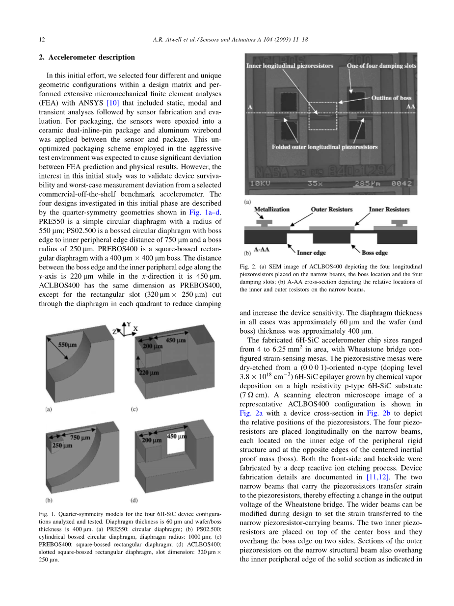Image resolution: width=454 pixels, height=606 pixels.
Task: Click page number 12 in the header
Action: click(41, 39)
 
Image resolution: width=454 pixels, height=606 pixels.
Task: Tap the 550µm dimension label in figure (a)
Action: click(68, 345)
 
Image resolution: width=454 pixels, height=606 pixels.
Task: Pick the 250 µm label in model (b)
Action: click(62, 445)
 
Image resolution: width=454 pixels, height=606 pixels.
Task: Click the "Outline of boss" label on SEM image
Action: click(391, 98)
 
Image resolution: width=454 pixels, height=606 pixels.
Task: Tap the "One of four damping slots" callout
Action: click(381, 66)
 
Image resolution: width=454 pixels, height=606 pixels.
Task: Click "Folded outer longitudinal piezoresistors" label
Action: click(324, 147)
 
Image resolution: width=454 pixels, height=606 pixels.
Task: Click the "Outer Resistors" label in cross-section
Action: click(331, 210)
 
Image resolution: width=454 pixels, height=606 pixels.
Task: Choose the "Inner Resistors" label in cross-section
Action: click(389, 210)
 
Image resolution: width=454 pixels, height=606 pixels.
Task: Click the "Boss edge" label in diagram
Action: click(374, 253)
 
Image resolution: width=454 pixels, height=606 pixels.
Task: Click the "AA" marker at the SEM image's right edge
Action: click(410, 106)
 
